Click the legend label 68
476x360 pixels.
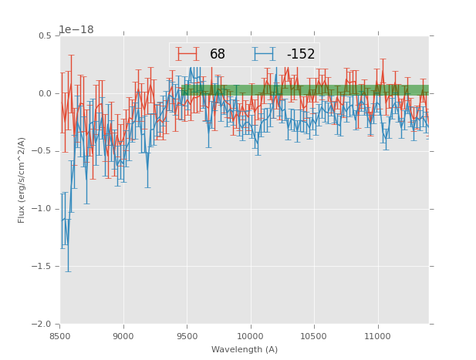(x=218, y=54)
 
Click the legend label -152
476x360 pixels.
(x=301, y=54)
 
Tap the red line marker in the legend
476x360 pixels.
(x=187, y=54)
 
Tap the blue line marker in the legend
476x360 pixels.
(x=265, y=54)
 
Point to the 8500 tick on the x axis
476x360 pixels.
(x=60, y=335)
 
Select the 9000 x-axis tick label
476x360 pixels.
(x=123, y=335)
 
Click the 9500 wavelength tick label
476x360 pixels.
(x=187, y=335)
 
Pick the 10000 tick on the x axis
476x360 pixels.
(x=251, y=335)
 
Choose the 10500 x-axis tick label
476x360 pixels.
(x=314, y=335)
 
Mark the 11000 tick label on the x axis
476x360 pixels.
(x=377, y=335)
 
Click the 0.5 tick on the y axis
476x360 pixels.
(x=44, y=36)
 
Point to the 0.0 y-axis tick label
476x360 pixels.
(x=44, y=94)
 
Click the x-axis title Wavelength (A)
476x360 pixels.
(x=245, y=349)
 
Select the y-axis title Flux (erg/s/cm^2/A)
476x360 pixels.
(x=22, y=180)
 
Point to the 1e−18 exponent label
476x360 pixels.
(x=76, y=30)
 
